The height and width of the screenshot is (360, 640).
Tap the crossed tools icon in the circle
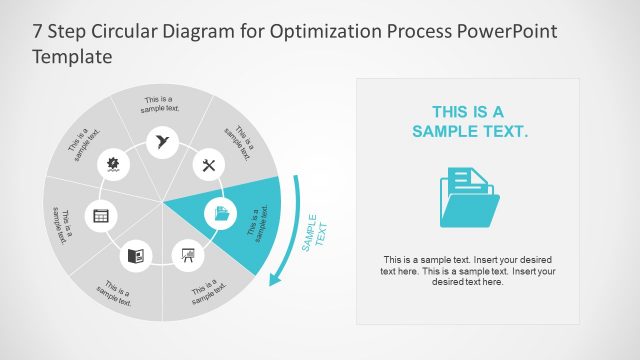click(209, 165)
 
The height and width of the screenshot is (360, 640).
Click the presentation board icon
click(187, 255)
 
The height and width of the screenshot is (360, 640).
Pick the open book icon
click(136, 256)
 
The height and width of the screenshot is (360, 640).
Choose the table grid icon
click(100, 214)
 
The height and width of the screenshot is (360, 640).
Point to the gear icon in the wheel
click(113, 163)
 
